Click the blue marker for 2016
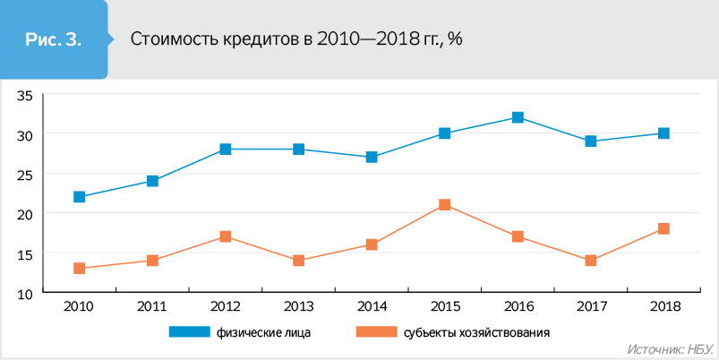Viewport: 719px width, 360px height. [x=518, y=117]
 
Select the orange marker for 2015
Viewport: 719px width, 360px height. [x=445, y=205]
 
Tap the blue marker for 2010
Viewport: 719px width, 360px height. [x=80, y=197]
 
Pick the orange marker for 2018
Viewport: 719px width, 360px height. [x=663, y=229]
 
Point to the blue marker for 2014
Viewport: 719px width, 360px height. [x=372, y=158]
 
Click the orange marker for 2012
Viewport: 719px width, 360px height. [x=226, y=236]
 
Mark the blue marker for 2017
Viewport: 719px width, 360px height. [x=591, y=141]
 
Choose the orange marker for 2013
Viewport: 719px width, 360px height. [x=298, y=261]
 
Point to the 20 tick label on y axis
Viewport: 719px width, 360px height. [x=25, y=213]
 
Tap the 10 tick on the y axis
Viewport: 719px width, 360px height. [x=25, y=293]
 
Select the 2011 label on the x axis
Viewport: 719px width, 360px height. [x=152, y=306]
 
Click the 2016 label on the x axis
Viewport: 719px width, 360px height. [x=518, y=306]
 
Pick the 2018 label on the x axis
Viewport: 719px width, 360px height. [x=663, y=306]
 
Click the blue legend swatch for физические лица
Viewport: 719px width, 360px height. [x=188, y=332]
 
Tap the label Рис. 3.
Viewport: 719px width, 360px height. [x=53, y=39]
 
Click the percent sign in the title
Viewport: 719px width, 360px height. [x=455, y=39]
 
